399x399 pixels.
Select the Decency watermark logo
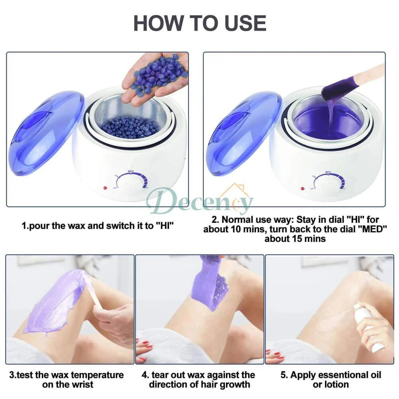pos(199,201)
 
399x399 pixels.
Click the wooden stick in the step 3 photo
pos(95,297)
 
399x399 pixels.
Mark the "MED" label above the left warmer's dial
pos(131,171)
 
